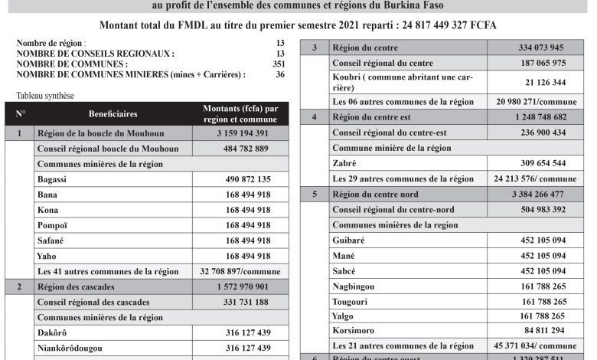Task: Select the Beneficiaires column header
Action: click(x=114, y=113)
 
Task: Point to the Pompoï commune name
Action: click(x=53, y=224)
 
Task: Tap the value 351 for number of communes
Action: click(x=279, y=65)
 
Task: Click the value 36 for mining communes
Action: click(x=280, y=75)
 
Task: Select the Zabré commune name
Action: click(x=345, y=163)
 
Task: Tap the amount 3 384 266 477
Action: click(x=536, y=194)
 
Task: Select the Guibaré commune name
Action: click(x=349, y=240)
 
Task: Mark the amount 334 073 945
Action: click(x=536, y=48)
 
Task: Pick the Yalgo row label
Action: click(x=344, y=315)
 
